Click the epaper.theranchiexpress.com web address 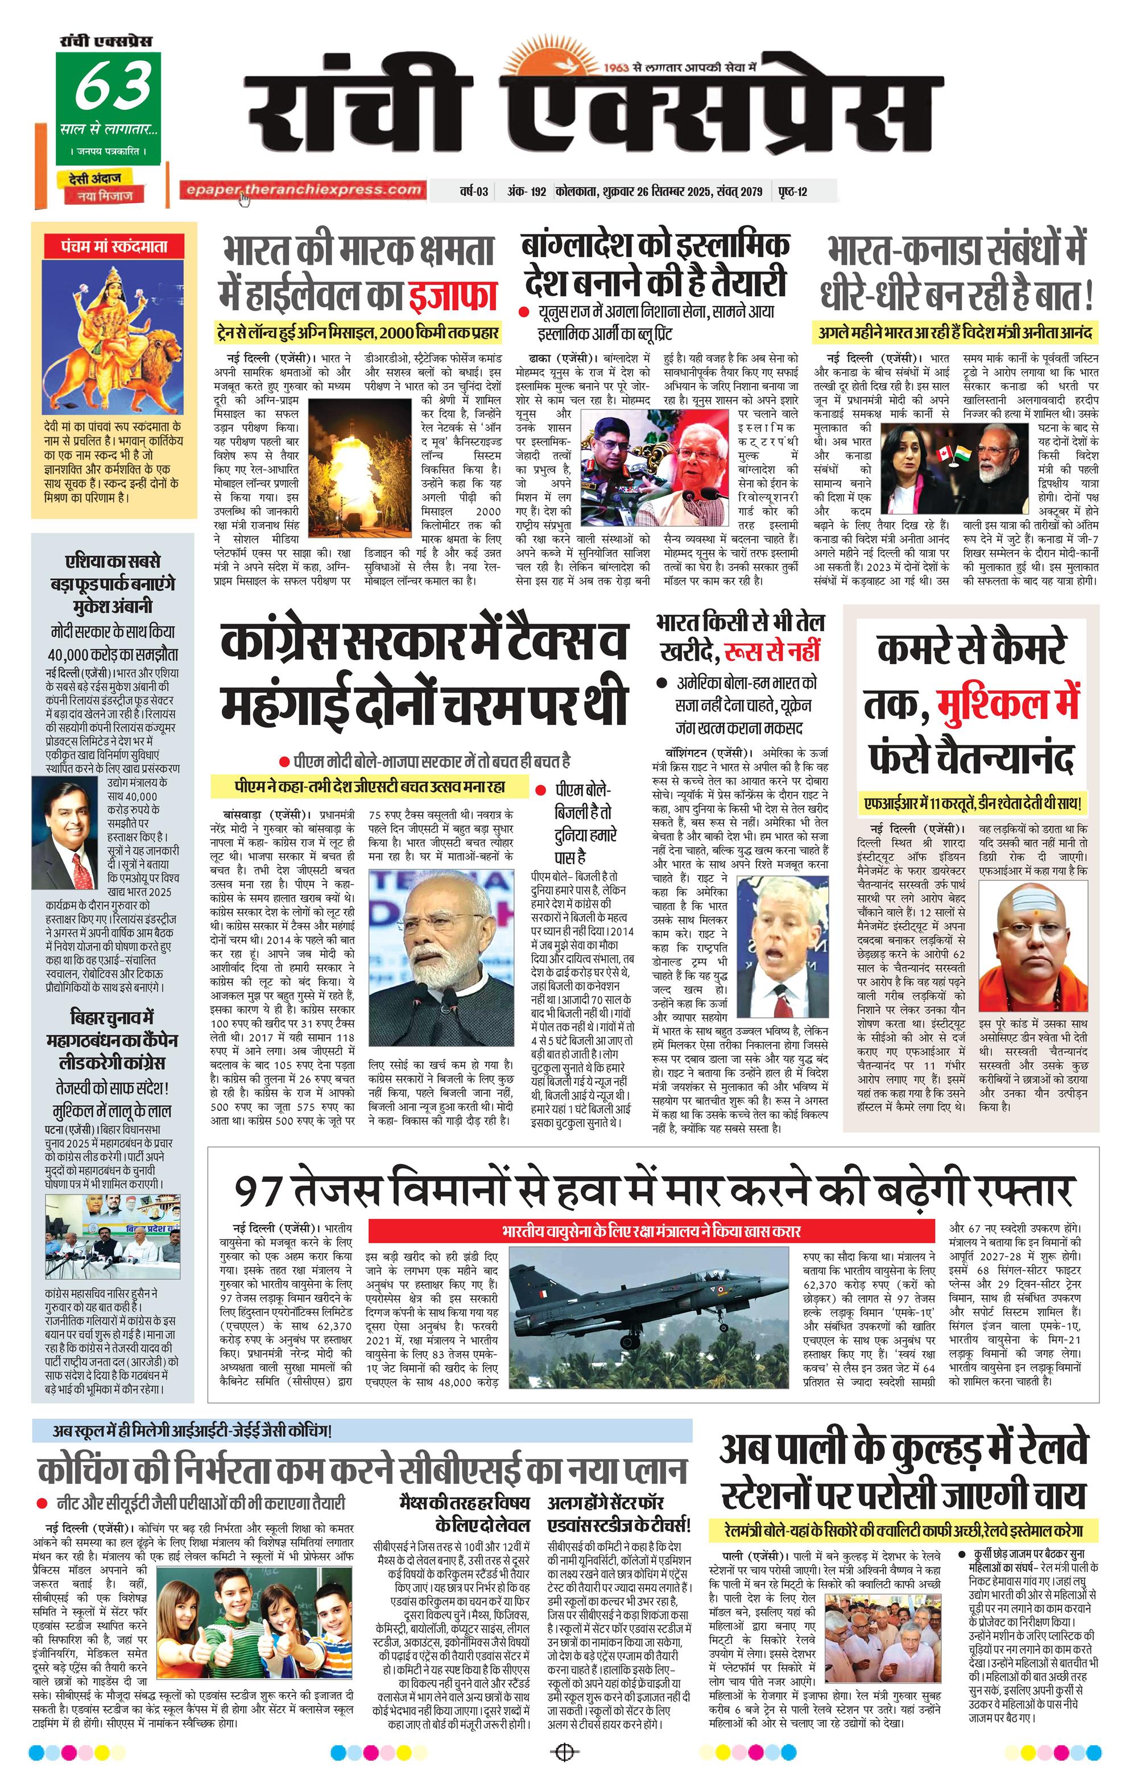[304, 190]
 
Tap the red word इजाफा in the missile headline [452, 293]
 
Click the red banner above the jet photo [650, 1231]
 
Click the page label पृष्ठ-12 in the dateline [792, 192]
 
